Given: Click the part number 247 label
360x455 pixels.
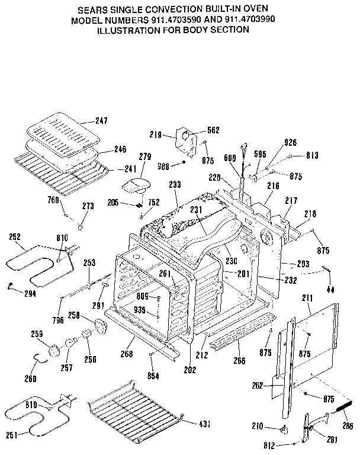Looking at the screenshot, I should (x=101, y=121).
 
